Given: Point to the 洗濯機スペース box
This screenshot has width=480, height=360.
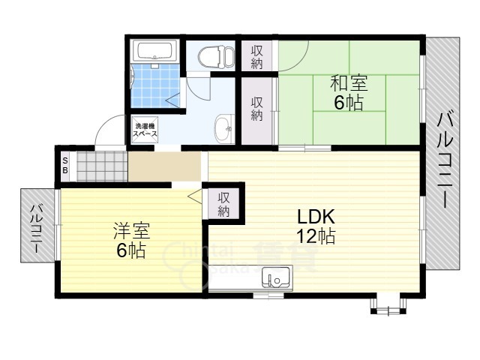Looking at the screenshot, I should coord(146,130).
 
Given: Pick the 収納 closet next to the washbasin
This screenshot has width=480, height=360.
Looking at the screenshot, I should coord(256,109).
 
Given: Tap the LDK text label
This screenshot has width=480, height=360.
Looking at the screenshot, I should coord(315,217).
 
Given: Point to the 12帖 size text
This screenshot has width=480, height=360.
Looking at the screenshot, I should coord(315,237).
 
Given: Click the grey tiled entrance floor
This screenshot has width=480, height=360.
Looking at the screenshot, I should coord(101,166).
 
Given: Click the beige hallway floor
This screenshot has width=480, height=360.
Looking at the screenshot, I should coord(165,166).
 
